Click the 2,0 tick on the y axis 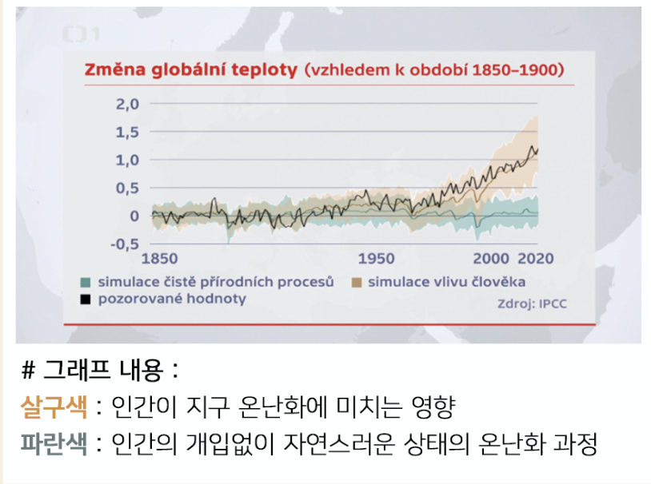tap(128, 104)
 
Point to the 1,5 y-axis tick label tap(128, 132)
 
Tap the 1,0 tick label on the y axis tap(128, 160)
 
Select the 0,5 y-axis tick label tap(128, 188)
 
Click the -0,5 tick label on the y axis tap(125, 244)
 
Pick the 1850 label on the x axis tap(159, 259)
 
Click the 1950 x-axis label tap(376, 259)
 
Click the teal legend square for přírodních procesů tap(85, 282)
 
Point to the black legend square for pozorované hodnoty tap(85, 299)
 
